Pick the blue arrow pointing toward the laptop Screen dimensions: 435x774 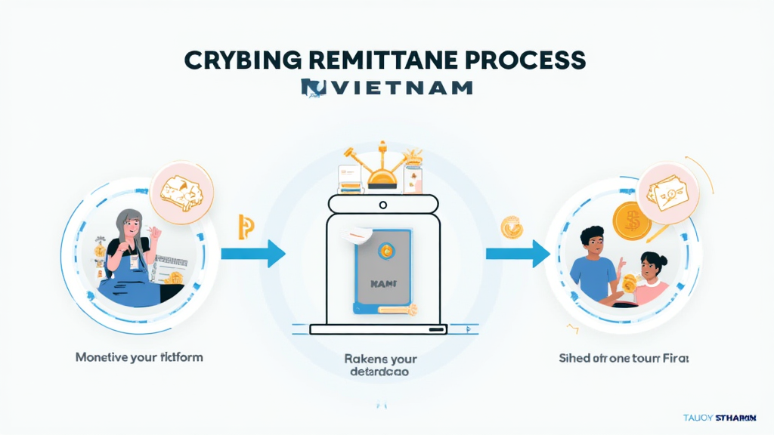[x=253, y=254]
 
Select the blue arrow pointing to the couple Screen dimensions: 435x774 [x=517, y=254]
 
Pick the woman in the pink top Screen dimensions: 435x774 [x=651, y=279]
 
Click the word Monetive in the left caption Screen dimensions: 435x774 [x=101, y=356]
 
